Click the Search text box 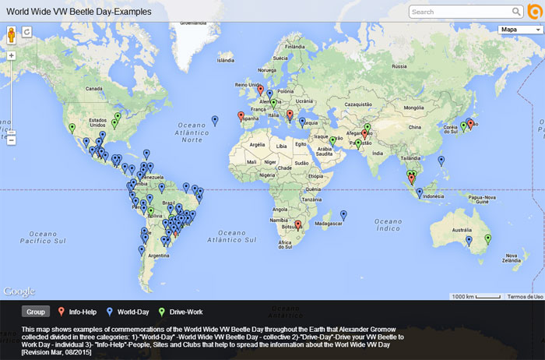pyautogui.click(x=459, y=12)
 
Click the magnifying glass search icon pyautogui.click(x=516, y=12)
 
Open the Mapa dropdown pyautogui.click(x=520, y=30)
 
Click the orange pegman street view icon pyautogui.click(x=12, y=34)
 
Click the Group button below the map pyautogui.click(x=35, y=312)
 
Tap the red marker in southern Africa pyautogui.click(x=298, y=226)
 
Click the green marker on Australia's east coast pyautogui.click(x=488, y=239)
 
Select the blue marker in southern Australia pyautogui.click(x=469, y=242)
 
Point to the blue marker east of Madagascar pyautogui.click(x=343, y=216)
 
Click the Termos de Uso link pyautogui.click(x=525, y=296)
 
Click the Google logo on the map pyautogui.click(x=19, y=291)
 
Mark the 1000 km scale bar pyautogui.click(x=476, y=296)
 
